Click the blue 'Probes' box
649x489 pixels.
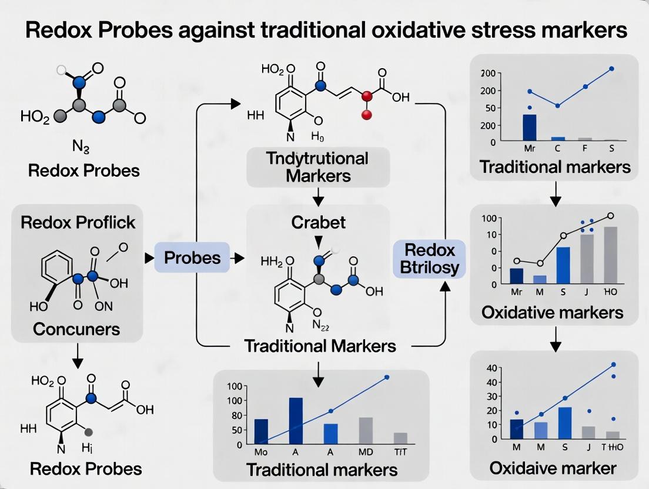192,257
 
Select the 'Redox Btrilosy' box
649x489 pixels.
430,259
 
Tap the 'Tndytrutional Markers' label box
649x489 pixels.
318,166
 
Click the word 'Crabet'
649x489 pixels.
318,223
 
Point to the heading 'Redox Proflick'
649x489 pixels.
78,222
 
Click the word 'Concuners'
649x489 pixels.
76,329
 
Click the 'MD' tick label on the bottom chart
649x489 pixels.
366,453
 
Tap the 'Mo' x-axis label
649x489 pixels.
260,453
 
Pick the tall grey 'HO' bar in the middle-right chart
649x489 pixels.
610,255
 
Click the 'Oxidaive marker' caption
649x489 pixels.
553,468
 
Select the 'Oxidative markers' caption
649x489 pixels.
552,312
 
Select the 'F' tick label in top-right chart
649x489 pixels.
586,149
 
